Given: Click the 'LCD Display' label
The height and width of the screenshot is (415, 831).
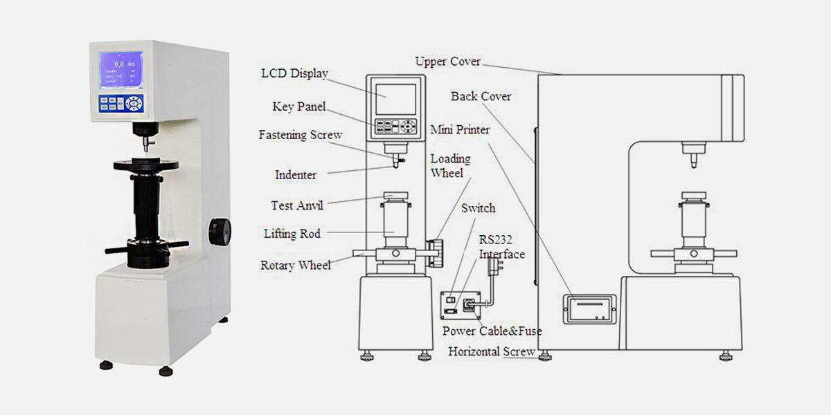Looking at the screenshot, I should (x=294, y=73).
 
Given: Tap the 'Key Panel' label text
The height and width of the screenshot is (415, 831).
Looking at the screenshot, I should (x=298, y=107).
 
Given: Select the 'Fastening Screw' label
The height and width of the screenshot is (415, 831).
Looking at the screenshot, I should (x=300, y=135).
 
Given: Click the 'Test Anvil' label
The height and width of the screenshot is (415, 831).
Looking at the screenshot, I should (x=296, y=205).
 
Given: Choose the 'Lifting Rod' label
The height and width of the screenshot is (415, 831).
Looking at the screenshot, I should (x=292, y=234).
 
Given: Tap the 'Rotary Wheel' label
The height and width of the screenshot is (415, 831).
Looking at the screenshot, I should (x=296, y=265).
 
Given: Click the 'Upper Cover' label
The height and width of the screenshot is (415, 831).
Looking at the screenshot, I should (x=447, y=62).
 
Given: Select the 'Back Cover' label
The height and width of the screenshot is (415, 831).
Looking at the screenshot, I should (x=481, y=96).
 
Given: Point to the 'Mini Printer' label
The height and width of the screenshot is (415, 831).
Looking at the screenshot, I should (x=460, y=129).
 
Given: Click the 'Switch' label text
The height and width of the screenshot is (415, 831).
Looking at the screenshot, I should (x=479, y=208).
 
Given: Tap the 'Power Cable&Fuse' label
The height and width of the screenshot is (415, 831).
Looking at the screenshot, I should (x=492, y=331).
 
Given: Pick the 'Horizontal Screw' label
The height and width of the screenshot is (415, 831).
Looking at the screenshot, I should (x=492, y=351).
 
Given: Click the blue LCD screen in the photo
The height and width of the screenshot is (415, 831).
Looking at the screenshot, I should (x=120, y=71).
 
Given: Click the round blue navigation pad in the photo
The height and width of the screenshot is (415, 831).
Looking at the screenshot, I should (x=134, y=104).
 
